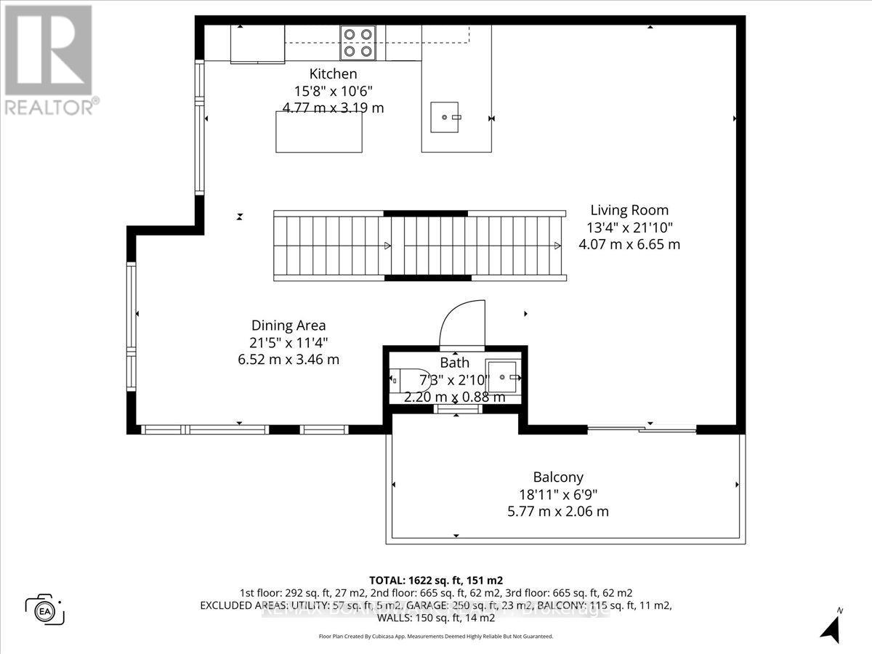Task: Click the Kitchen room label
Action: pos(334,73)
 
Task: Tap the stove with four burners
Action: pos(358,42)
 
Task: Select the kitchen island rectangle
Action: pos(319,132)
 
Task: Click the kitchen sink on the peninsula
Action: pos(445,117)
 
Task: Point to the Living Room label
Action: pos(629,211)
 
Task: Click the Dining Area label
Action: pos(288,326)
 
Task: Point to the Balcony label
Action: pos(558,477)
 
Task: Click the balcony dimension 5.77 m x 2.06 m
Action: pos(558,511)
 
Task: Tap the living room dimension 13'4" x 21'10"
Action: pos(629,227)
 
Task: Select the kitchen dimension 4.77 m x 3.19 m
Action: pos(334,108)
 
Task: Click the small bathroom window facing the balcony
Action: pos(456,409)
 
